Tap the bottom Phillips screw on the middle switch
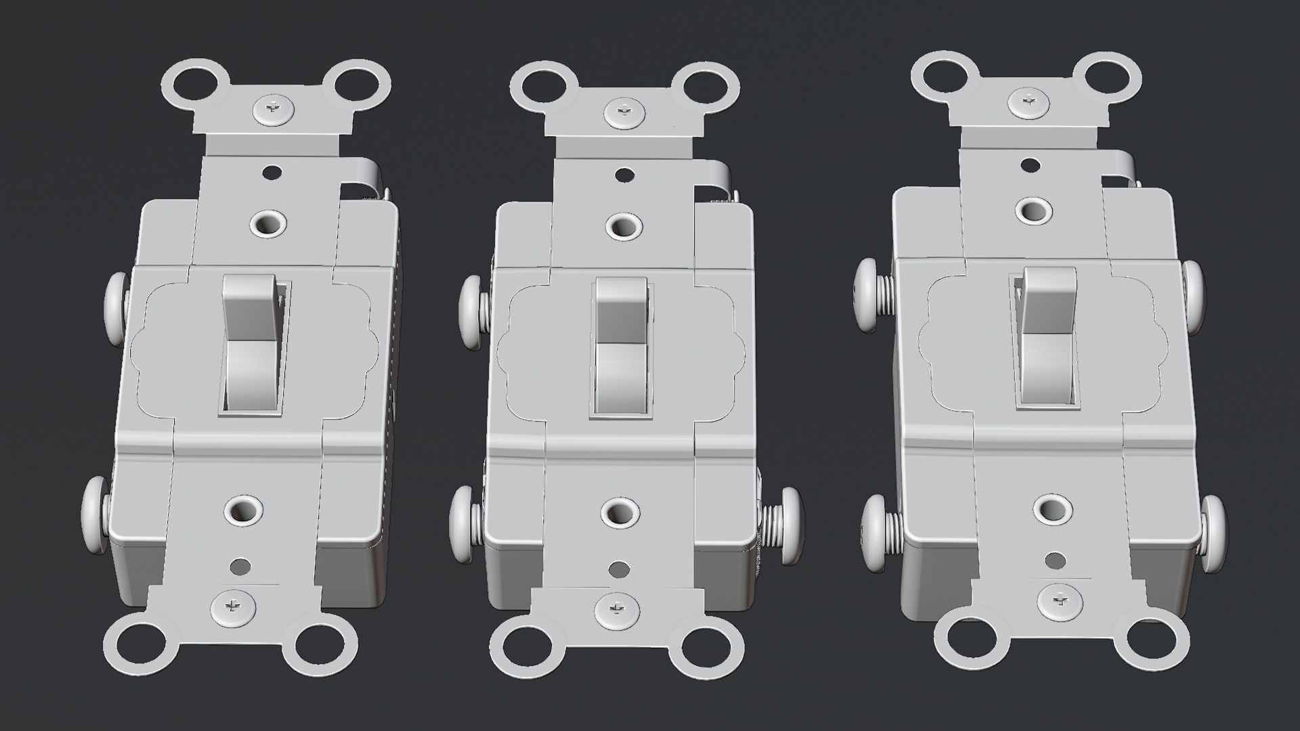617,607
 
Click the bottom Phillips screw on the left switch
232,605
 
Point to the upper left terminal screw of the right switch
871,295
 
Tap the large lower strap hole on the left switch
242,512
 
